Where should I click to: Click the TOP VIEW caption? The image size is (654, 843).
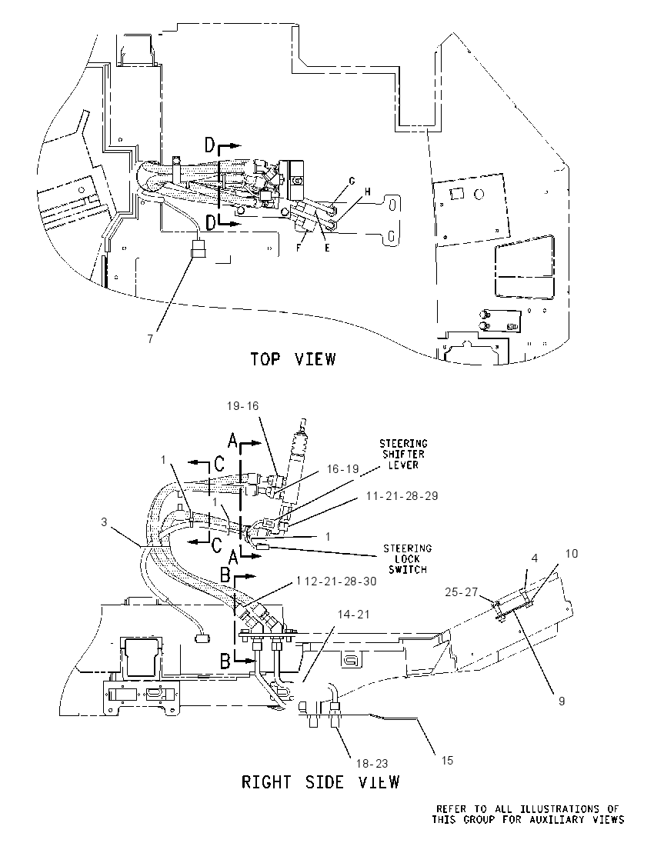click(293, 358)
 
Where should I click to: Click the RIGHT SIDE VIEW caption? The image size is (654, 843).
click(321, 781)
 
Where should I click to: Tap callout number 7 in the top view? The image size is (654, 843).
click(151, 338)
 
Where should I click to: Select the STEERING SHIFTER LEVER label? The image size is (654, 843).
click(403, 455)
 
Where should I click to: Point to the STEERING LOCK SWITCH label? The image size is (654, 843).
click(407, 559)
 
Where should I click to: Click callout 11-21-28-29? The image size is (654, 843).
click(402, 495)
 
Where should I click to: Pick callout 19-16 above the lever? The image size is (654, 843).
click(242, 406)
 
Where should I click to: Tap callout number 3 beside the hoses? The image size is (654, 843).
click(105, 522)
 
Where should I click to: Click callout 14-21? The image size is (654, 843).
click(354, 614)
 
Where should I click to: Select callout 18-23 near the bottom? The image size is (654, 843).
click(372, 764)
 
